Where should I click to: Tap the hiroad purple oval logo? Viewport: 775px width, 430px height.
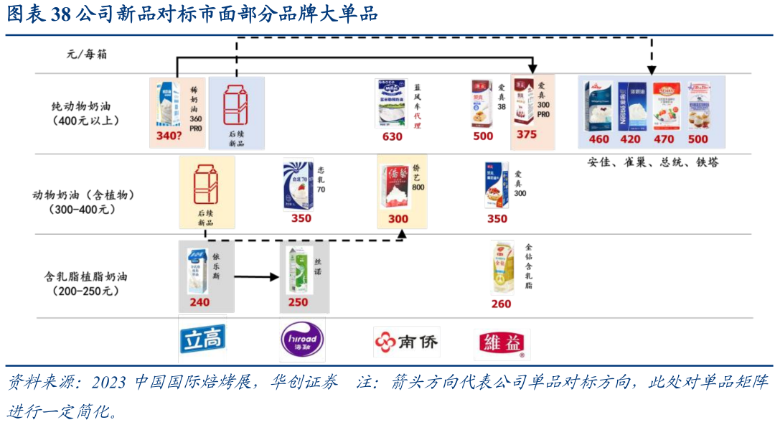click(x=302, y=340)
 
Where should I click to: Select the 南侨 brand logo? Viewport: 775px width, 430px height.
click(x=406, y=342)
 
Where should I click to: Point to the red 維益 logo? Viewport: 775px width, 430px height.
click(x=502, y=344)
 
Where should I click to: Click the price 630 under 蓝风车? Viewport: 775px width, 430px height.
click(x=393, y=136)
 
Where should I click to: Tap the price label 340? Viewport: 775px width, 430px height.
click(x=167, y=136)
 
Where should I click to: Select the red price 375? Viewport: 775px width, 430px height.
click(x=526, y=134)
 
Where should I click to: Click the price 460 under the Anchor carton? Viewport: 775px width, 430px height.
click(x=599, y=139)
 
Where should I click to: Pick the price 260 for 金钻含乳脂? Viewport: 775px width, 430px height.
click(x=501, y=304)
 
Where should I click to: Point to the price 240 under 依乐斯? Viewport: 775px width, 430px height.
click(x=199, y=302)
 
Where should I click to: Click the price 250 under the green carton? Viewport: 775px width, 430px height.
click(x=298, y=302)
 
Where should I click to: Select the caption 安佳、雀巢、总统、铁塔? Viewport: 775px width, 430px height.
click(x=652, y=162)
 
